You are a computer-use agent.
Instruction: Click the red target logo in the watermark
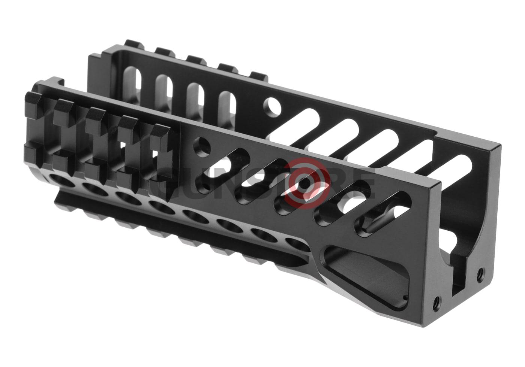click(307, 183)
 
